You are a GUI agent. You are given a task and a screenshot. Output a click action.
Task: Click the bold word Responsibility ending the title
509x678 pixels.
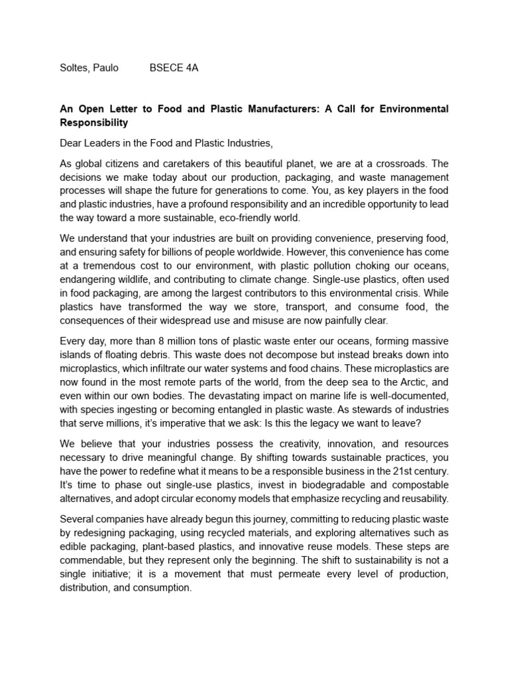93,122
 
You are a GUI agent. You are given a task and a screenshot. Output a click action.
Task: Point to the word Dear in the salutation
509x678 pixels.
72,143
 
